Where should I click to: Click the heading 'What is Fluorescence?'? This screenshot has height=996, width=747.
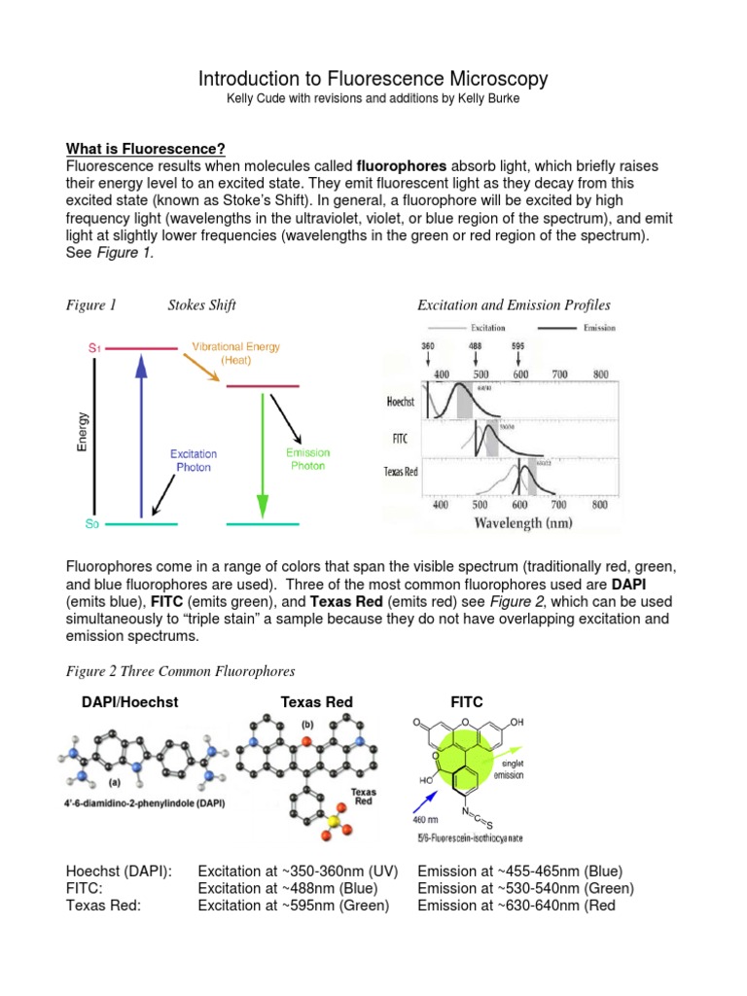point(145,149)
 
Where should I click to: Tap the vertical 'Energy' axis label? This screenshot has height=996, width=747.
point(84,433)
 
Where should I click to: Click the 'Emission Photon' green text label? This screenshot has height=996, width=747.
point(307,459)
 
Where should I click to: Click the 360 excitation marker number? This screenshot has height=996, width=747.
point(429,345)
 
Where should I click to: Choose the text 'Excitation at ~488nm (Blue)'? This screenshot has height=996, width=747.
point(292,888)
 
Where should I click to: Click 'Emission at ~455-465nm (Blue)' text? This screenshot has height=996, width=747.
point(519,871)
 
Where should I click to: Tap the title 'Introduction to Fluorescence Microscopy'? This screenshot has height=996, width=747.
point(373,78)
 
